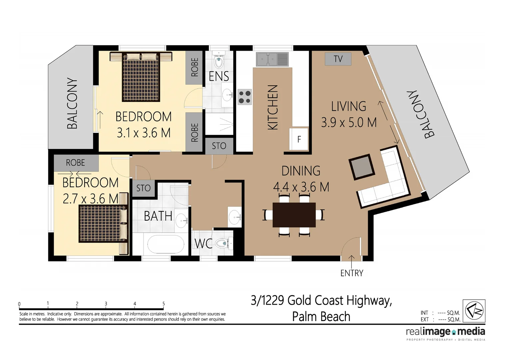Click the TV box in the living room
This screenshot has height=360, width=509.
[338, 59]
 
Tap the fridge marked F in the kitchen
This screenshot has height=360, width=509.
[299, 139]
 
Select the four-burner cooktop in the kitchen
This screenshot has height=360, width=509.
[245, 97]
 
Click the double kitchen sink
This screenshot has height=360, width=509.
[272, 59]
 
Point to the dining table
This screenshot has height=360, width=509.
[294, 215]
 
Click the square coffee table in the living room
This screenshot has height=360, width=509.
[361, 167]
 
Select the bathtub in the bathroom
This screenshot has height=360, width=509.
[166, 244]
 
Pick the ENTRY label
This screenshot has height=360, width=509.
[352, 273]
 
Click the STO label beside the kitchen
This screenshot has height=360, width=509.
[219, 146]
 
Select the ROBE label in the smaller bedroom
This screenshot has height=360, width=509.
[76, 163]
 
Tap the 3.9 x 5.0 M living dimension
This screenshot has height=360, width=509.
[349, 123]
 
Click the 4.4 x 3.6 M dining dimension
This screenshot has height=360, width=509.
[301, 187]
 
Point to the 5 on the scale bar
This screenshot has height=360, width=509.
[164, 304]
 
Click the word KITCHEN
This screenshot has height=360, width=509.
[272, 107]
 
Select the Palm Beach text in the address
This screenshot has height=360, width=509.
[321, 316]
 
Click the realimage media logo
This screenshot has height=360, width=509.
[445, 332]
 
